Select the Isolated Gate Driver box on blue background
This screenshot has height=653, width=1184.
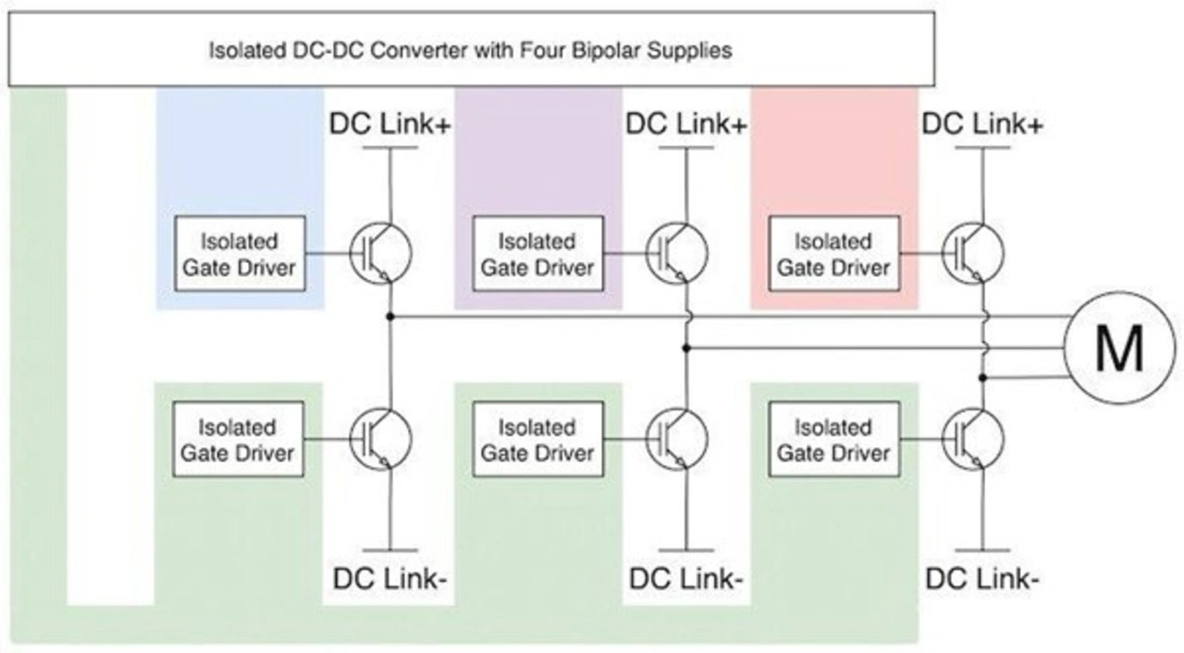(x=239, y=253)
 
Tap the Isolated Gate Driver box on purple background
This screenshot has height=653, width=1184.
(x=536, y=253)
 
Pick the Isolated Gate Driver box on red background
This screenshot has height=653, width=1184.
(x=832, y=253)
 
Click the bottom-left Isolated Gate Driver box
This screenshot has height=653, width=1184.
(x=239, y=439)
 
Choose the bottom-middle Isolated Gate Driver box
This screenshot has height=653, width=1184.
(x=536, y=439)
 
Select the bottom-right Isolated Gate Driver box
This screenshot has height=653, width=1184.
(x=832, y=439)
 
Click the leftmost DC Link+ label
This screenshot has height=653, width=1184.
(x=390, y=124)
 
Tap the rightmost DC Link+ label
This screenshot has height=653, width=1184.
(x=982, y=124)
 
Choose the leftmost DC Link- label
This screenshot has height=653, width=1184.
(x=390, y=580)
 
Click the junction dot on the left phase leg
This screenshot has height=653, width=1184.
(x=391, y=316)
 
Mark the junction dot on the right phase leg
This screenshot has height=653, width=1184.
(x=983, y=377)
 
